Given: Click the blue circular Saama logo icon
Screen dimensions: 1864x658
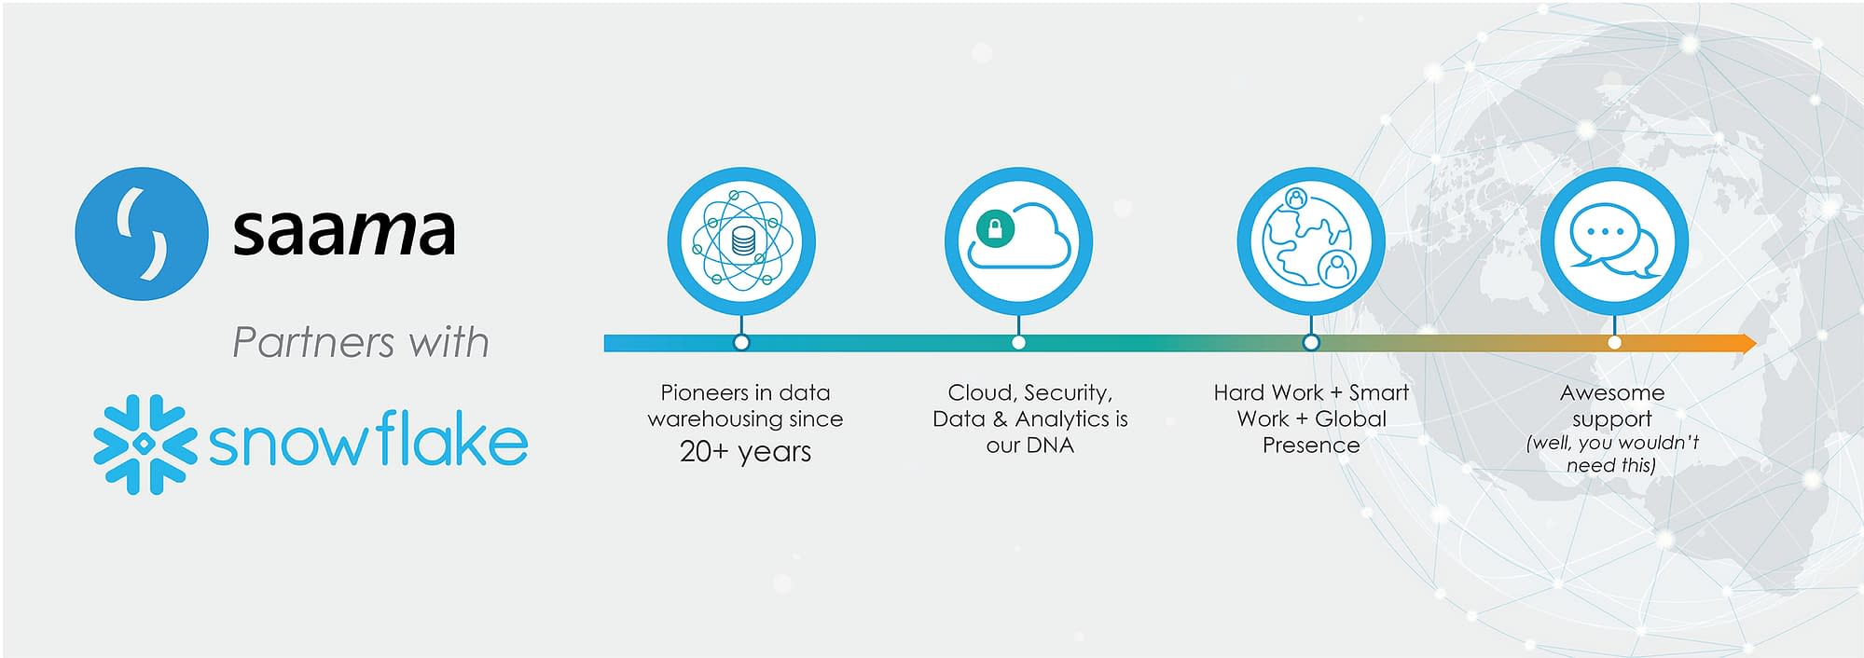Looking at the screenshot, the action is pyautogui.click(x=141, y=233).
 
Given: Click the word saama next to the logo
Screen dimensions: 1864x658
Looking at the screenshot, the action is pyautogui.click(x=344, y=231).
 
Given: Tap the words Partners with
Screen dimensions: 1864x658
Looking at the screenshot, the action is pyautogui.click(x=361, y=342).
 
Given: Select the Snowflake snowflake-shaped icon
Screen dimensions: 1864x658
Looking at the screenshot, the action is pyautogui.click(x=145, y=444).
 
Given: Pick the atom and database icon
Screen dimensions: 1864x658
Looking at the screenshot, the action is pyautogui.click(x=741, y=240).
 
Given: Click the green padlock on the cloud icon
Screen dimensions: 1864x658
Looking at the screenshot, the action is pyautogui.click(x=994, y=229).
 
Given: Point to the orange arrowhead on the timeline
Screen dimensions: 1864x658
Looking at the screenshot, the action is pyautogui.click(x=1745, y=343).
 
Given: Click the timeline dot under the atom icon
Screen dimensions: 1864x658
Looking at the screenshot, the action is pyautogui.click(x=741, y=343).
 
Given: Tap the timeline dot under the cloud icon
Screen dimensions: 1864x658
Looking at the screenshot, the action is pyautogui.click(x=1018, y=343).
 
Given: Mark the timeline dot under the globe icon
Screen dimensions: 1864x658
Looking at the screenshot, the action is pyautogui.click(x=1311, y=343).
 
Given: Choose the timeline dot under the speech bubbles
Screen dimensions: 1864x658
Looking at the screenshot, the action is pyautogui.click(x=1614, y=343).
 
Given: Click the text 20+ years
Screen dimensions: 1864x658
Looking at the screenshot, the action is pyautogui.click(x=745, y=452).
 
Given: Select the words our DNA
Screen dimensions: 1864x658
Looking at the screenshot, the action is pyautogui.click(x=1030, y=446).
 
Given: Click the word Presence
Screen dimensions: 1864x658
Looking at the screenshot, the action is pyautogui.click(x=1311, y=446).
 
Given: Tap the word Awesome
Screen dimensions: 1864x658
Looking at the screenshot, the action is pyautogui.click(x=1612, y=393).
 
